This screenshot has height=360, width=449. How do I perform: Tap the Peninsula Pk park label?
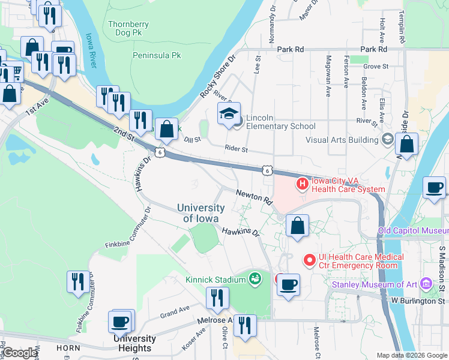[x=156, y=55]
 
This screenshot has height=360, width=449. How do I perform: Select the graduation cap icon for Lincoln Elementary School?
[x=229, y=115]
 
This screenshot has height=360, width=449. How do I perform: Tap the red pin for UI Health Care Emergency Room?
[x=309, y=260]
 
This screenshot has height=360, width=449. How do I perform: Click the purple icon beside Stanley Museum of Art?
[x=426, y=283]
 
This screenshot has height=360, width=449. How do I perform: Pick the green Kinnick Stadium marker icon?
[x=255, y=278]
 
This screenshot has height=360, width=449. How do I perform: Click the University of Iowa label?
[x=201, y=213]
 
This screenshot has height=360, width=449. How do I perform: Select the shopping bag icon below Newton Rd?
[x=297, y=226]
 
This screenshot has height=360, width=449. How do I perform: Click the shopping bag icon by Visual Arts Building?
[x=406, y=145]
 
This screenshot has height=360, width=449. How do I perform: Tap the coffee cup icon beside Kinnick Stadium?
[x=289, y=284]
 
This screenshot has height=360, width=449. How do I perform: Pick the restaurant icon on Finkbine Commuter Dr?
[x=78, y=282]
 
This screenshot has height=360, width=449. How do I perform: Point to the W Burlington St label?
[x=418, y=300]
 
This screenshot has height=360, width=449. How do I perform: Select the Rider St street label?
[x=236, y=148]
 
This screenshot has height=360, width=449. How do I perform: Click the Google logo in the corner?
[x=20, y=353]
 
